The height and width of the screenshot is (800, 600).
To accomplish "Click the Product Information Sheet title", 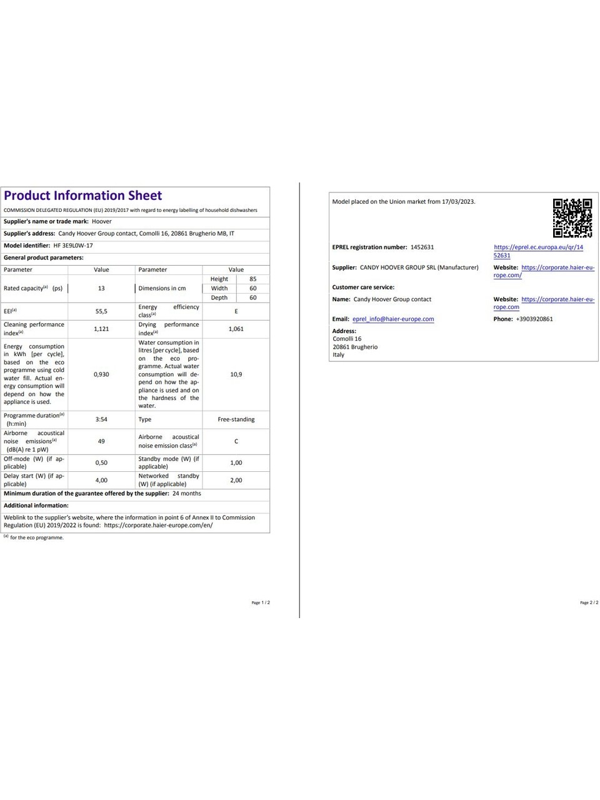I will (x=82, y=196).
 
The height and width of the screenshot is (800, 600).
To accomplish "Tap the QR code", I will (x=572, y=218).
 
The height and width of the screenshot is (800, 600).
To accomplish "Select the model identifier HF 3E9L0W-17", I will (x=73, y=246).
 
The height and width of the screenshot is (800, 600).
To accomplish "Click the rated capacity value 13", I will (x=101, y=288).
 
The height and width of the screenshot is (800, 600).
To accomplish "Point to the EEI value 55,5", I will (x=101, y=311).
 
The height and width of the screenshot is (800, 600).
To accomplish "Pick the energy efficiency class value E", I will (x=236, y=311).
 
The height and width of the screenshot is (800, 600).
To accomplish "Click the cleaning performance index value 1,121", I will (x=101, y=329).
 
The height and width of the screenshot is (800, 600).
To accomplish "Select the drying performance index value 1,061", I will (x=236, y=329).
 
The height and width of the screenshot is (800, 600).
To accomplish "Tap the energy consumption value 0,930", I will (x=101, y=374).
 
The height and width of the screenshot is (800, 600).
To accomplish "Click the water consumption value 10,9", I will (x=236, y=374).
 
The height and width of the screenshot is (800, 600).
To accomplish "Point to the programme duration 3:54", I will (x=101, y=419).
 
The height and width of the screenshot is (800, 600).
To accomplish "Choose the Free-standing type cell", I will (x=236, y=419).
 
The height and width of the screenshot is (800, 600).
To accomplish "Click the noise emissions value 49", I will (x=101, y=441).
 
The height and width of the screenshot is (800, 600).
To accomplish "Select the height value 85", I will (x=253, y=279).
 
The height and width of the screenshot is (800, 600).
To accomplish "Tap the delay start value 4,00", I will (x=101, y=480).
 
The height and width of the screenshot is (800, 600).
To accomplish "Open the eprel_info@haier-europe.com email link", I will (x=393, y=319).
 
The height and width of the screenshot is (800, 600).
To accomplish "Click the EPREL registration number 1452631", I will (x=422, y=247).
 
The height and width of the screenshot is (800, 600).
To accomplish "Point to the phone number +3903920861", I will (x=534, y=319).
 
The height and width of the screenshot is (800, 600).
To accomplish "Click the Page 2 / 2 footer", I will (x=589, y=602).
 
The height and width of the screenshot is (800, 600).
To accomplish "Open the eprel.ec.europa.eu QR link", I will (x=538, y=247).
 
